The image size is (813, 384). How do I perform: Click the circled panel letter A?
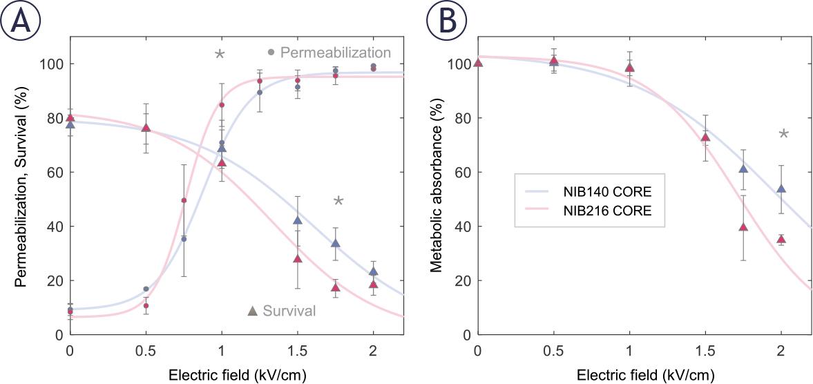coord(21,21)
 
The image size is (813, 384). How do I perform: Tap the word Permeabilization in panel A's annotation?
coord(336,52)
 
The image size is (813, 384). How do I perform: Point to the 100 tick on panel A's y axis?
coord(52,64)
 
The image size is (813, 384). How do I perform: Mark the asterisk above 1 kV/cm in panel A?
coord(220,55)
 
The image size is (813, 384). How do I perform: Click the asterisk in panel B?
coord(783,134)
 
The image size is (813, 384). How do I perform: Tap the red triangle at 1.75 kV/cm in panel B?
coord(743,227)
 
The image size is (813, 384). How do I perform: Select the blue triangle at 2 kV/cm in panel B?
coord(781,189)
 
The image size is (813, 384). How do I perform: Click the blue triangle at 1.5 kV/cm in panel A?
coord(298,220)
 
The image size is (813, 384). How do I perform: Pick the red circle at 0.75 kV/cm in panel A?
coord(184,200)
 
